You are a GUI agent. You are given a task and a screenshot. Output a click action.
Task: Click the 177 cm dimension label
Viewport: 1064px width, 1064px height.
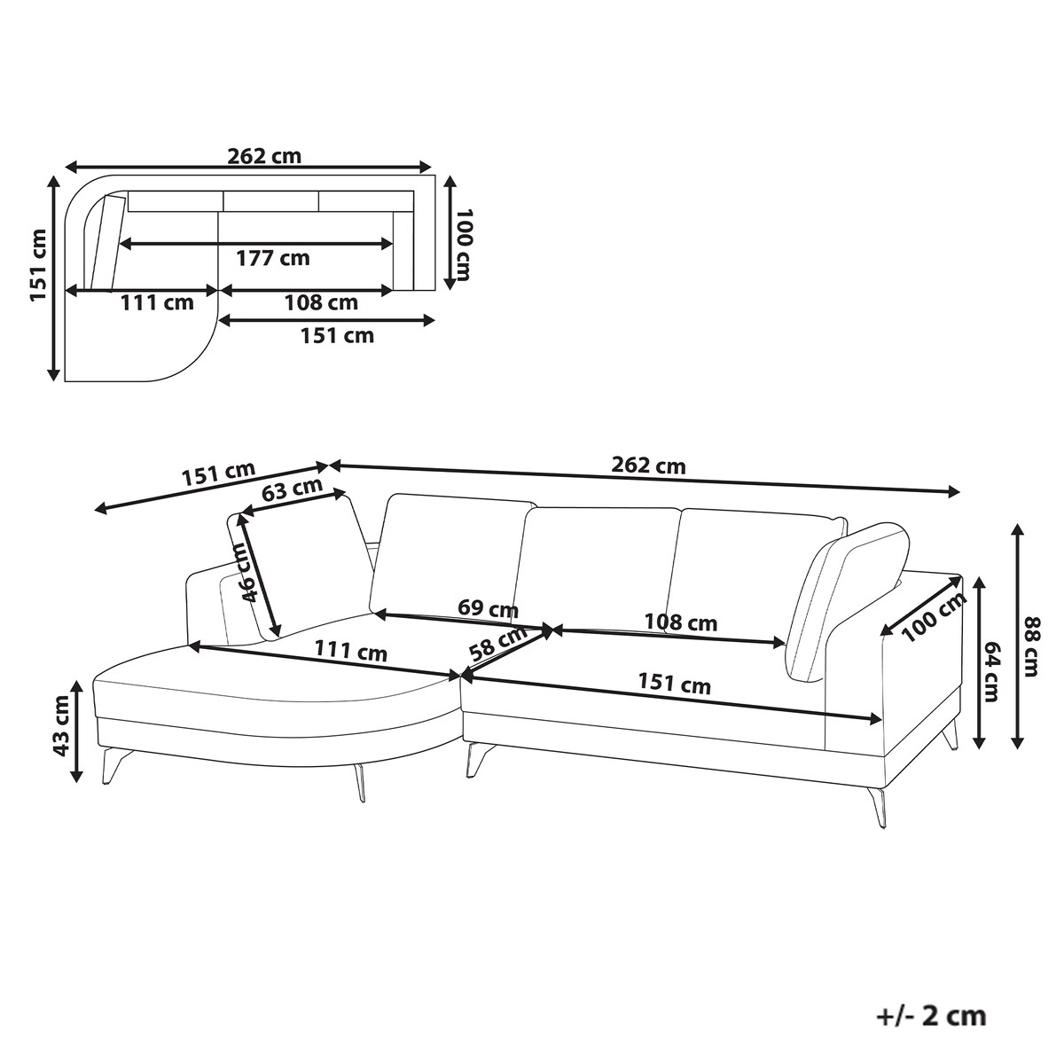pyautogui.click(x=273, y=258)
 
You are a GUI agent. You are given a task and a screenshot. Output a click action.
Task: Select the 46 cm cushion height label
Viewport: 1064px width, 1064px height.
pyautogui.click(x=246, y=573)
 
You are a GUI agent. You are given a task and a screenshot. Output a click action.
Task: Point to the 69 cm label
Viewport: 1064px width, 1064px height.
pyautogui.click(x=488, y=608)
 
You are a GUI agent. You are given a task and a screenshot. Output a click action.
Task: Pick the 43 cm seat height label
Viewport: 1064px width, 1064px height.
pyautogui.click(x=61, y=725)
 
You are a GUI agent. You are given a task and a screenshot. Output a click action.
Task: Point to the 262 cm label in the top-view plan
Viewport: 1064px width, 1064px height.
pyautogui.click(x=264, y=156)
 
